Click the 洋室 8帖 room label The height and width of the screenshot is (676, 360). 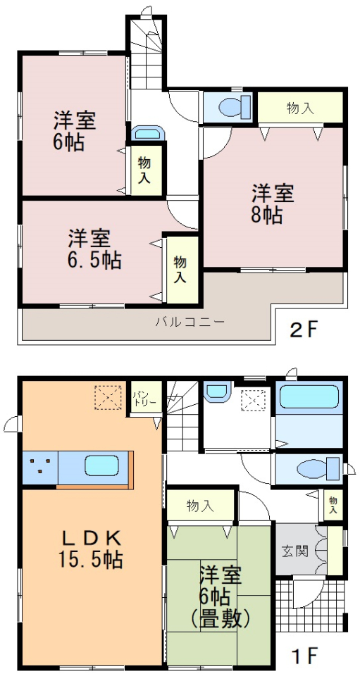coord(273,204)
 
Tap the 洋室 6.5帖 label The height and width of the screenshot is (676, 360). coord(94,249)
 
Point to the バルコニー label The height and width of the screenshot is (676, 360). coord(190,322)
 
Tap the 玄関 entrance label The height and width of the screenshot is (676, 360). coord(295,551)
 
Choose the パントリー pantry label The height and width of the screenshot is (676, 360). coord(141,398)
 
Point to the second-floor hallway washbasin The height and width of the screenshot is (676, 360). coord(148,133)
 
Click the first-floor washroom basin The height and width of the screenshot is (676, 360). coord(218,391)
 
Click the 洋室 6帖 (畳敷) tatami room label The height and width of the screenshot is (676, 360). coord(221,597)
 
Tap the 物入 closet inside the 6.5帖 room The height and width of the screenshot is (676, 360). coord(180,270)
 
